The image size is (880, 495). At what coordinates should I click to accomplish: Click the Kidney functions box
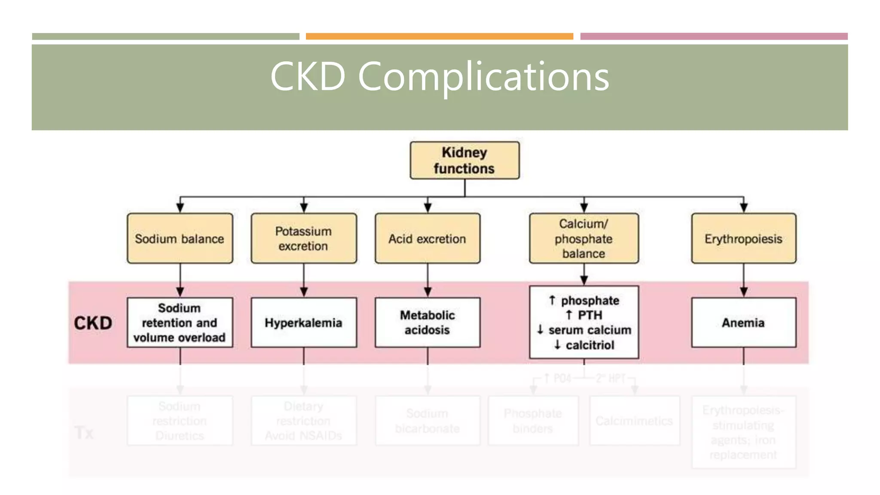point(464,160)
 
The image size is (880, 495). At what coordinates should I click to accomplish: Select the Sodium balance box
point(180,238)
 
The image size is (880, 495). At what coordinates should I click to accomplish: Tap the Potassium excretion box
point(303,238)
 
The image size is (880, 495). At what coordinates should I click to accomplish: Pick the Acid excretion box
point(427,238)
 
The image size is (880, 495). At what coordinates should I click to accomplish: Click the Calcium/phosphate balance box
point(584,238)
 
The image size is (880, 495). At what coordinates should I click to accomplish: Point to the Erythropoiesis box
point(743,238)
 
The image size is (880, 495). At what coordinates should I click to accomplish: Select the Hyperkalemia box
point(303,323)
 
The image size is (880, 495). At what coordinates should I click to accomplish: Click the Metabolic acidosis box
point(427,323)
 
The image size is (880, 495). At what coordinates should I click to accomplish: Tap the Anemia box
point(743,323)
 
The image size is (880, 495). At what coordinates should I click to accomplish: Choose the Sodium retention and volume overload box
point(180,323)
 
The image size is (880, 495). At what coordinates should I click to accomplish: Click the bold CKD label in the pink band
point(93,323)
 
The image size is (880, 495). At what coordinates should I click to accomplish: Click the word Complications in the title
point(483,76)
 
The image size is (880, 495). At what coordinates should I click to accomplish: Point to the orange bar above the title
point(439,37)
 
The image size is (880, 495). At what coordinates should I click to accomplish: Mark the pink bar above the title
point(714,37)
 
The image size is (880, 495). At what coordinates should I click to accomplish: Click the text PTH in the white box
point(590,315)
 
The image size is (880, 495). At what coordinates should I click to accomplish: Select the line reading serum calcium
point(590,330)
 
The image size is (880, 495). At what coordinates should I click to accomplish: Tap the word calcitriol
point(590,345)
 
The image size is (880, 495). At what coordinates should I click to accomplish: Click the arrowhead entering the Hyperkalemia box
point(304,292)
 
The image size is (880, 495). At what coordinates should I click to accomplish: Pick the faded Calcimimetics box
point(634,421)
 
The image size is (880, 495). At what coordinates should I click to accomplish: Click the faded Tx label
point(84,433)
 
